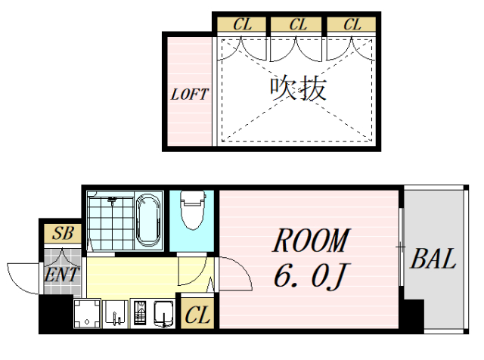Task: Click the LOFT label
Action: point(188,95)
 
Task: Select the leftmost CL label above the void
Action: point(242,24)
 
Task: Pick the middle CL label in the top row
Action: point(298,24)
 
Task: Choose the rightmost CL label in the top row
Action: point(352,24)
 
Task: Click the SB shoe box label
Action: point(63,233)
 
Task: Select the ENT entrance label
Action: point(60,274)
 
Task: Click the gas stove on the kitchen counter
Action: point(141,313)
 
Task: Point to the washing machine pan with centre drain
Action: point(87,313)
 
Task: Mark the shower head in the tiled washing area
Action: point(112,200)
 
